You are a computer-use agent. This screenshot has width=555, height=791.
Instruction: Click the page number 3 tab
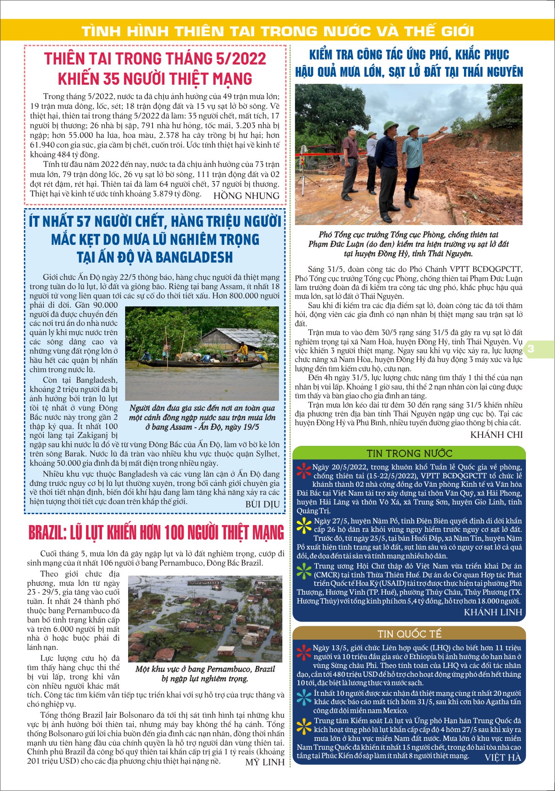tap(531, 349)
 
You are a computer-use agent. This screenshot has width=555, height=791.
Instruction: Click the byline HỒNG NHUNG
tap(246, 196)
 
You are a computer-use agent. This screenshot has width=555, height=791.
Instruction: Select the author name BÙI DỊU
tap(262, 504)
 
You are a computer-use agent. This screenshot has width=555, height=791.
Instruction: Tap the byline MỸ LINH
tap(265, 762)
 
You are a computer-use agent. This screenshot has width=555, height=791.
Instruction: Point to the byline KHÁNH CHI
tap(496, 434)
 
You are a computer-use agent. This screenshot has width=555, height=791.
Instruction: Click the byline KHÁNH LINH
tap(493, 612)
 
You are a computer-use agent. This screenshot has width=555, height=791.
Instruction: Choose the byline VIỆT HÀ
tap(502, 757)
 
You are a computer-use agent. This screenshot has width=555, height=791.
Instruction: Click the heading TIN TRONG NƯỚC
tap(409, 453)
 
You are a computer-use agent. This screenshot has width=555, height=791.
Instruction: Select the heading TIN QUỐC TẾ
tap(409, 634)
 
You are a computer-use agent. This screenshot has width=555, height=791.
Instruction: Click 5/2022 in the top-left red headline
tap(241, 59)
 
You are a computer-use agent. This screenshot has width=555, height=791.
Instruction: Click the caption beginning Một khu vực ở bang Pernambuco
tap(205, 673)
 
